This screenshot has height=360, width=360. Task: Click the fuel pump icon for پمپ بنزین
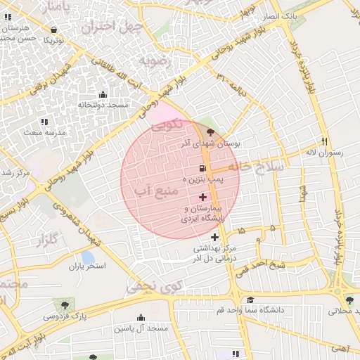(203, 169)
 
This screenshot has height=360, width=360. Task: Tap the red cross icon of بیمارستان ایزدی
(203, 198)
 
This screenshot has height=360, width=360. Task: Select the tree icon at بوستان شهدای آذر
(211, 131)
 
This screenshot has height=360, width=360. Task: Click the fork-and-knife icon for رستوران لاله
(324, 141)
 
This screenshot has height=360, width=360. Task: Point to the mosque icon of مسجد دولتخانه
(103, 95)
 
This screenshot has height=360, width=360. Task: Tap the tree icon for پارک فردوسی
(65, 305)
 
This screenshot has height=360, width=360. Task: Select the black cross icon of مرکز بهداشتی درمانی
(215, 238)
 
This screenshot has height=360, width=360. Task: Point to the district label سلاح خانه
(260, 167)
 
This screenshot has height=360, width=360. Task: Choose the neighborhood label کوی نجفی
(154, 285)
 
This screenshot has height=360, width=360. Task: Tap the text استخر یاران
(87, 266)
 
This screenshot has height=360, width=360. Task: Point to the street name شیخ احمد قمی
(260, 265)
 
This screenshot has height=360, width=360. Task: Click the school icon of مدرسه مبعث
(44, 122)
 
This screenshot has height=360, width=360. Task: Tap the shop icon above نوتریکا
(55, 30)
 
